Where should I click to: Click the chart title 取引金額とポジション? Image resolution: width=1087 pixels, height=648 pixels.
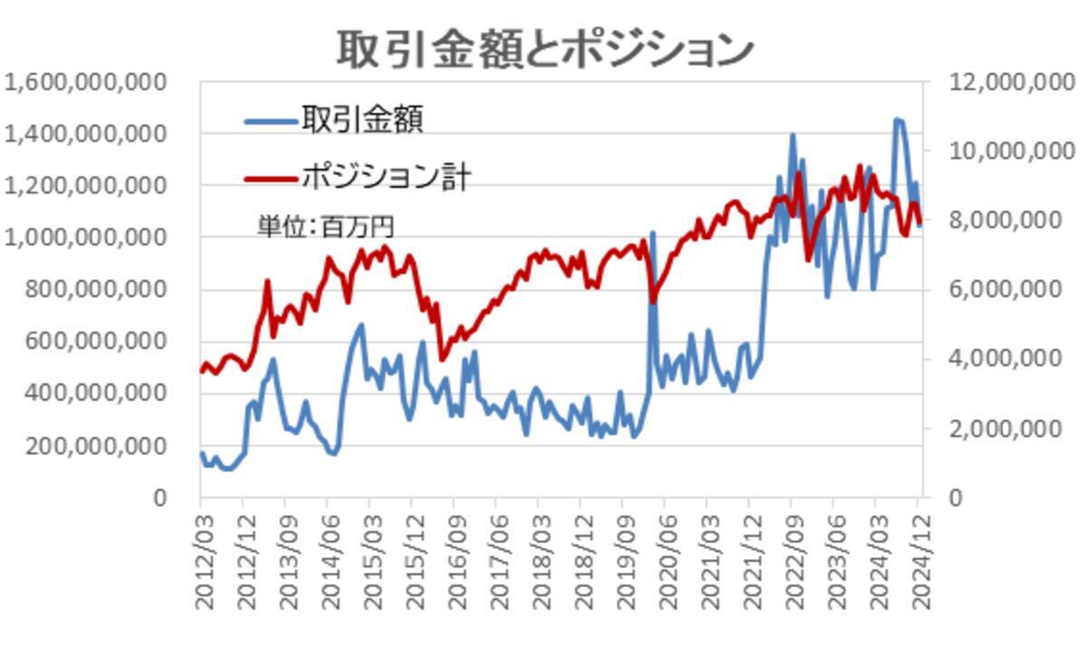[x=544, y=48]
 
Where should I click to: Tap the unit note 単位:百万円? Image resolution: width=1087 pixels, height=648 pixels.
[x=325, y=226]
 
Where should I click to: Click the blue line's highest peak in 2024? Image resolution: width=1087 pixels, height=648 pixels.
[x=898, y=120]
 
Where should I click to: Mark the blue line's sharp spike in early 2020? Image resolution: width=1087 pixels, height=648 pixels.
[x=652, y=234]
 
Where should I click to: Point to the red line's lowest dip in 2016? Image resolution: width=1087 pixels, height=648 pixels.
[x=442, y=359]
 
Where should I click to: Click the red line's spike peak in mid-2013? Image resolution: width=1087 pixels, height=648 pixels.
[x=267, y=282]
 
